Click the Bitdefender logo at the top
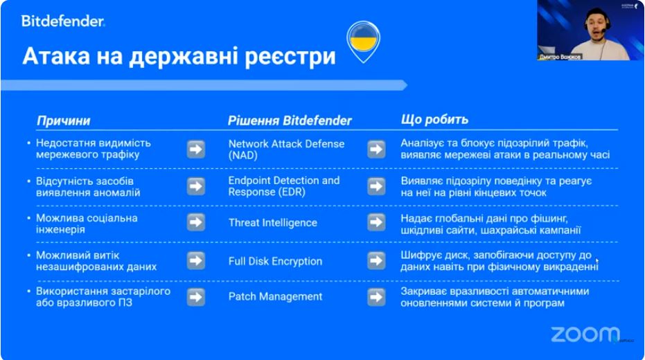pyautogui.click(x=63, y=21)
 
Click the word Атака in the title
pyautogui.click(x=56, y=56)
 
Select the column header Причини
pyautogui.click(x=63, y=120)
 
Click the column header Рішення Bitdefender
pyautogui.click(x=290, y=120)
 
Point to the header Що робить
pyautogui.click(x=434, y=120)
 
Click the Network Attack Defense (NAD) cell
pyautogui.click(x=286, y=149)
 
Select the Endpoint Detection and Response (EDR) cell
pyautogui.click(x=284, y=186)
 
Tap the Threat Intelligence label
pyautogui.click(x=273, y=223)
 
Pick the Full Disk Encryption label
pyautogui.click(x=275, y=261)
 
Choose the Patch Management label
pyautogui.click(x=275, y=296)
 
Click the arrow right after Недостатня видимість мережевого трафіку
pyautogui.click(x=196, y=149)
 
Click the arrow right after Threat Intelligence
pyautogui.click(x=376, y=222)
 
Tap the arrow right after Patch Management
pyautogui.click(x=376, y=297)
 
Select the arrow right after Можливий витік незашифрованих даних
pyautogui.click(x=196, y=260)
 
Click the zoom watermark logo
pyautogui.click(x=585, y=334)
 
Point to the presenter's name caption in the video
pyautogui.click(x=560, y=57)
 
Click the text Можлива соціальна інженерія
pyautogui.click(x=87, y=224)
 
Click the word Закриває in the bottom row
pyautogui.click(x=424, y=291)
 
